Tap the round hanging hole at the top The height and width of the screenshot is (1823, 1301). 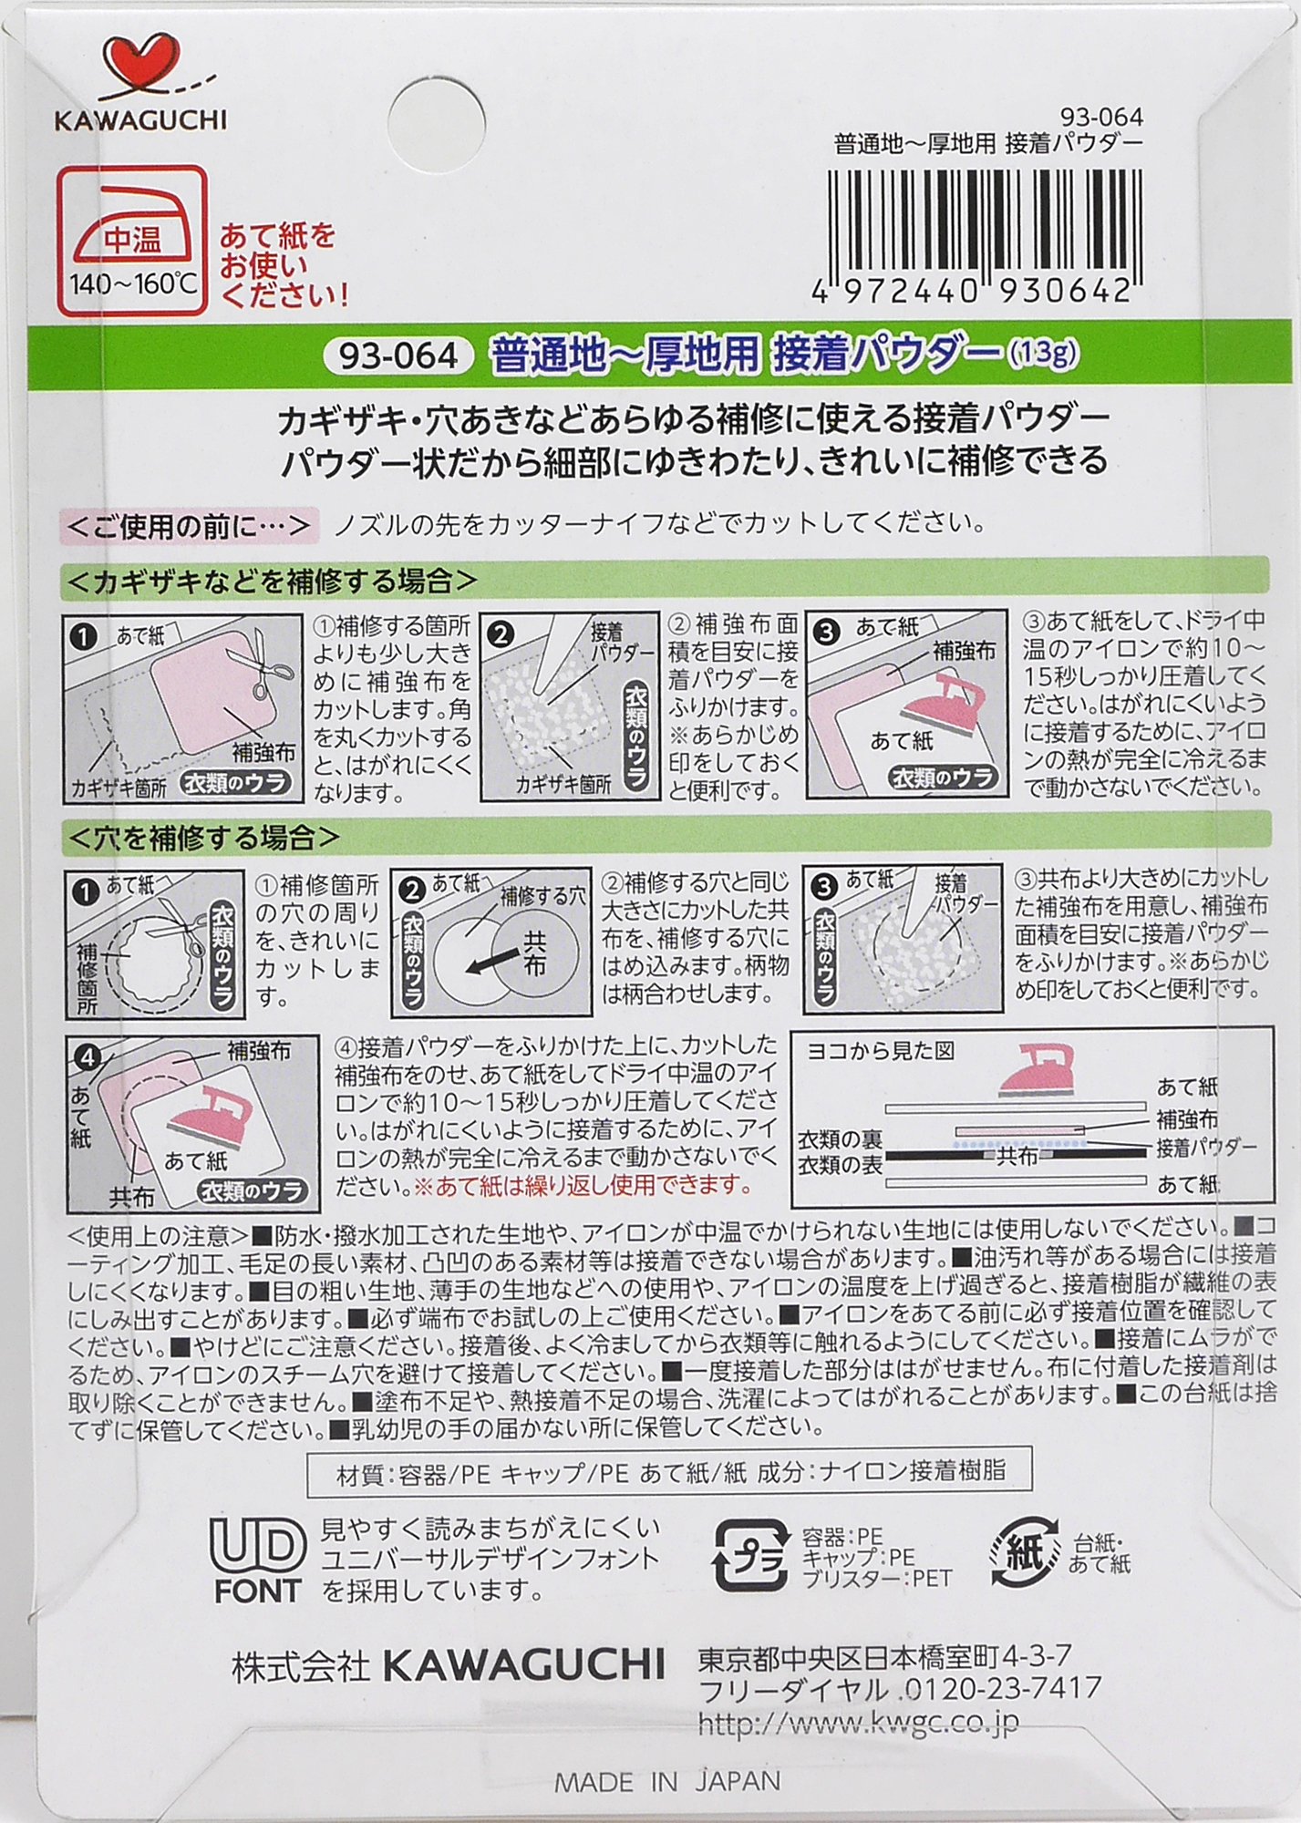(x=442, y=118)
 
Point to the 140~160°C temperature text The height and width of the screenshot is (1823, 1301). (x=133, y=283)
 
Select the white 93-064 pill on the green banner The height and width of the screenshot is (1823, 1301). (x=398, y=355)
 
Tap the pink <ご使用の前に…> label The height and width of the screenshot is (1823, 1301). (x=190, y=526)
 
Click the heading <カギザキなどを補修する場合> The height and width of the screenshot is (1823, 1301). (x=272, y=581)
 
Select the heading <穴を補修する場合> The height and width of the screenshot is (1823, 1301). (x=203, y=836)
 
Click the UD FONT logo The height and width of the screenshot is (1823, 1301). (x=257, y=1560)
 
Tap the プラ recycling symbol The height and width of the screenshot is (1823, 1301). (x=750, y=1556)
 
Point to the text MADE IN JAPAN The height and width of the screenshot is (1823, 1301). (x=667, y=1781)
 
